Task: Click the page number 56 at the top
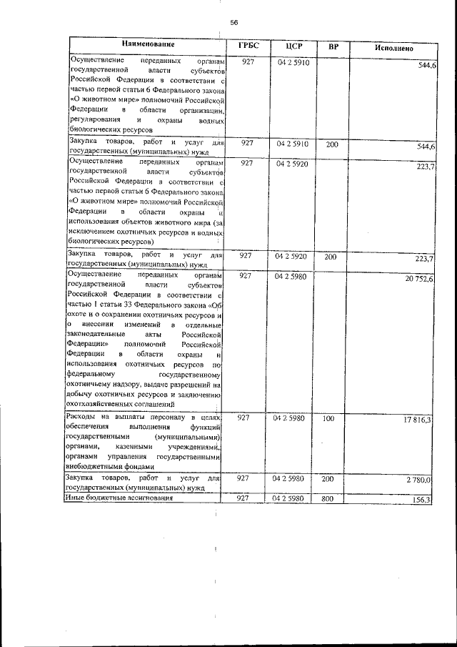tap(233, 22)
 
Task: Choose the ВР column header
tap(333, 47)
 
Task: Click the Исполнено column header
tap(393, 48)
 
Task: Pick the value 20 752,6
tap(418, 278)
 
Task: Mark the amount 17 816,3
tap(418, 420)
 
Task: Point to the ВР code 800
tap(328, 498)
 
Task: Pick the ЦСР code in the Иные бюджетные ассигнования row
tap(289, 498)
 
